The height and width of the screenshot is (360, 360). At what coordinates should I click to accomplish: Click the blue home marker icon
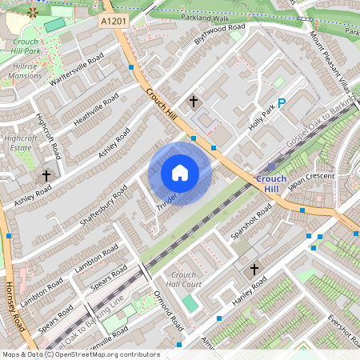click(x=180, y=173)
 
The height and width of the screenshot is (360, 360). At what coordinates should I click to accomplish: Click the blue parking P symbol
click(x=282, y=102)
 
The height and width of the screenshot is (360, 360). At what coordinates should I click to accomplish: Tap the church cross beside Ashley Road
click(x=46, y=174)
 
